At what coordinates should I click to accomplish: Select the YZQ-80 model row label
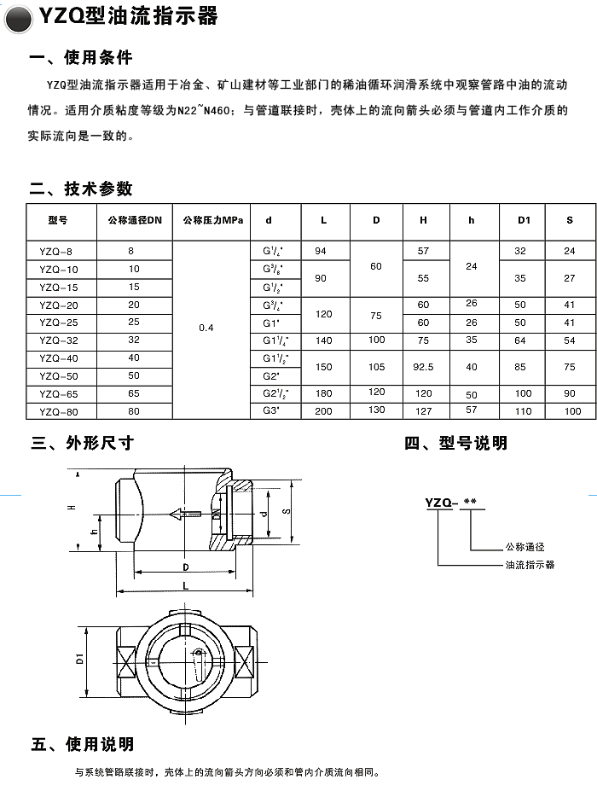point(57,411)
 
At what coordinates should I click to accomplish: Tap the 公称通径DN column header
point(134,221)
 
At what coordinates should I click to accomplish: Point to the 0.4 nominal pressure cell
point(206,328)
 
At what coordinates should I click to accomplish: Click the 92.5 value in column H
point(424,367)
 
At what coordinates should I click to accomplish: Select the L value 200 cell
point(322,411)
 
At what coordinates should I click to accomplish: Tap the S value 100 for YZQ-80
point(571,411)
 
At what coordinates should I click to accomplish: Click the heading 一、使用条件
point(81,59)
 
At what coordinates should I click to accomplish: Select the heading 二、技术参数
point(81,189)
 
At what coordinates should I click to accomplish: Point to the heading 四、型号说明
point(455,443)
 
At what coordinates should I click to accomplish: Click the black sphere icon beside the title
point(19,16)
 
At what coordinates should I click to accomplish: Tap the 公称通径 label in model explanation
point(525,547)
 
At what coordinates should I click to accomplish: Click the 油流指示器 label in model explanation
point(530,565)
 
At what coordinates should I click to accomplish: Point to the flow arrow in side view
point(185,514)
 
